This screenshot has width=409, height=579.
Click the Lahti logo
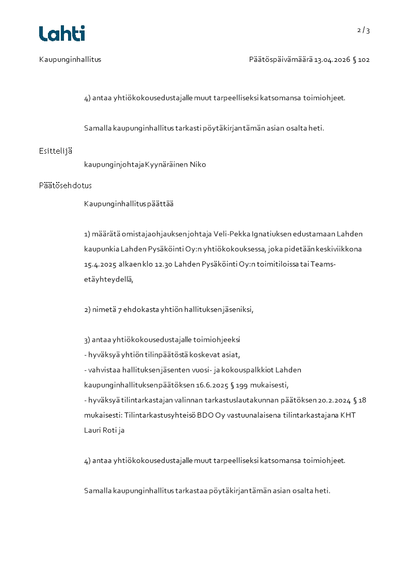click(62, 34)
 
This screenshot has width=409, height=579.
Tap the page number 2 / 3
click(364, 30)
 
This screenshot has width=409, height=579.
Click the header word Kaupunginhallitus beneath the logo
click(70, 60)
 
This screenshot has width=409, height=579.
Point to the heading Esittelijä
click(55, 151)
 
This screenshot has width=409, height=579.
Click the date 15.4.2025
click(100, 264)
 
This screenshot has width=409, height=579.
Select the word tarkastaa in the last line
click(191, 491)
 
